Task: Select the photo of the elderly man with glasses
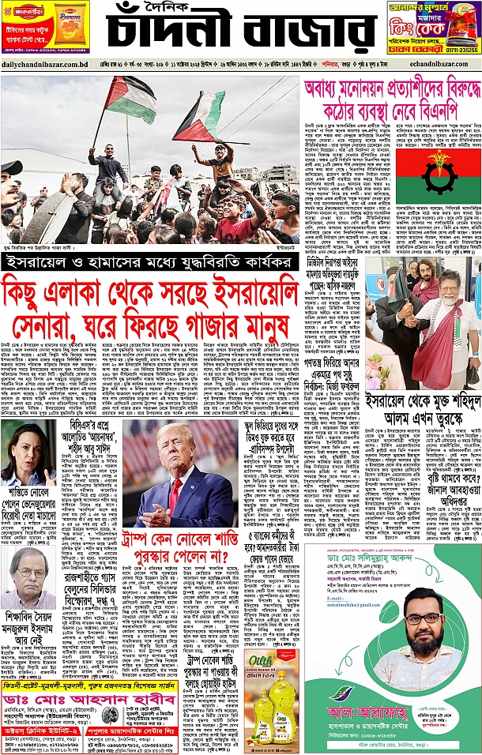26,577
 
